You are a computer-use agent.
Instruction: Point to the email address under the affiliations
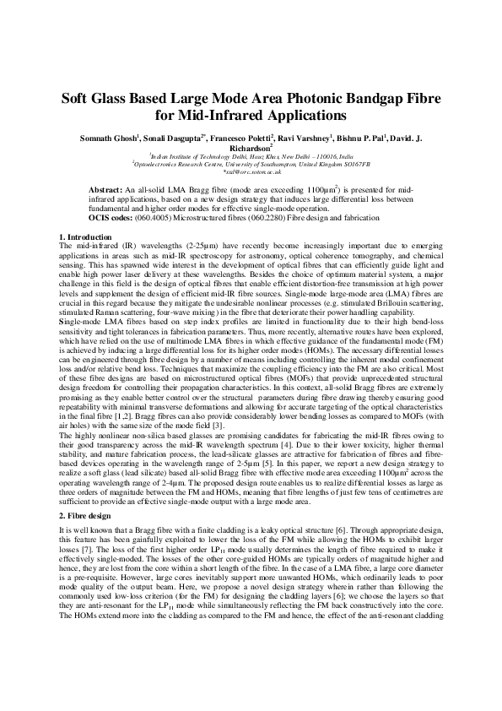[251, 171]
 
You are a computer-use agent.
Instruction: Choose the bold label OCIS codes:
[114, 218]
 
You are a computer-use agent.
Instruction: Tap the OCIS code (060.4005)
[163, 218]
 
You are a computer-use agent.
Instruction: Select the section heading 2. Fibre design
[87, 490]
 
